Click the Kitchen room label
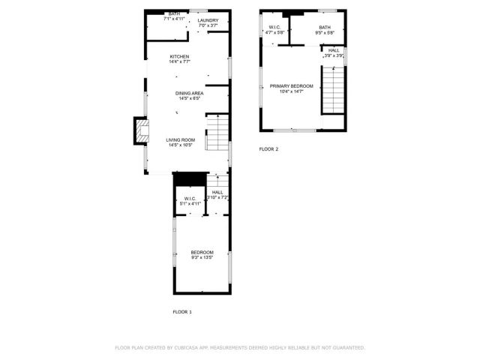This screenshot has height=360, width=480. [179, 57]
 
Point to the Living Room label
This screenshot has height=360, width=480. [180, 139]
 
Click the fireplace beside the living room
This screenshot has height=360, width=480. [140, 130]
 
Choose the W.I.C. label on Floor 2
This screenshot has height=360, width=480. [274, 28]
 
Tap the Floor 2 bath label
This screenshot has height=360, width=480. [324, 28]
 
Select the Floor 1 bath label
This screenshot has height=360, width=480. [174, 13]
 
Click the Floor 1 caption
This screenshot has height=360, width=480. [182, 311]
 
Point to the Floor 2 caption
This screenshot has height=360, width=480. [268, 149]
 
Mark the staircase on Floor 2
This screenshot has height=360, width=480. [333, 89]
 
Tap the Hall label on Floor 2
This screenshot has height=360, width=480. [334, 50]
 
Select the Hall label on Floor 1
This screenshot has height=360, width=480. [217, 193]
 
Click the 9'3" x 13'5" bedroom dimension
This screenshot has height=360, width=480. [202, 257]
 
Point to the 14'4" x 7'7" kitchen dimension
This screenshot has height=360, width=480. [179, 62]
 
